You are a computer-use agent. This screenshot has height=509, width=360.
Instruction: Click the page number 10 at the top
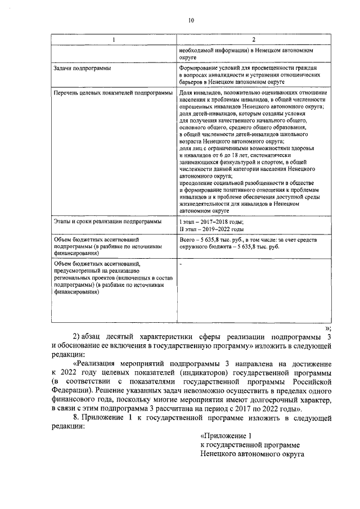click(191, 21)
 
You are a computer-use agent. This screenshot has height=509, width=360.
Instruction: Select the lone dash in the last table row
click(180, 263)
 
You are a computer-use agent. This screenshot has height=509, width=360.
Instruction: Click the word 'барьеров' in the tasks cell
click(191, 82)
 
